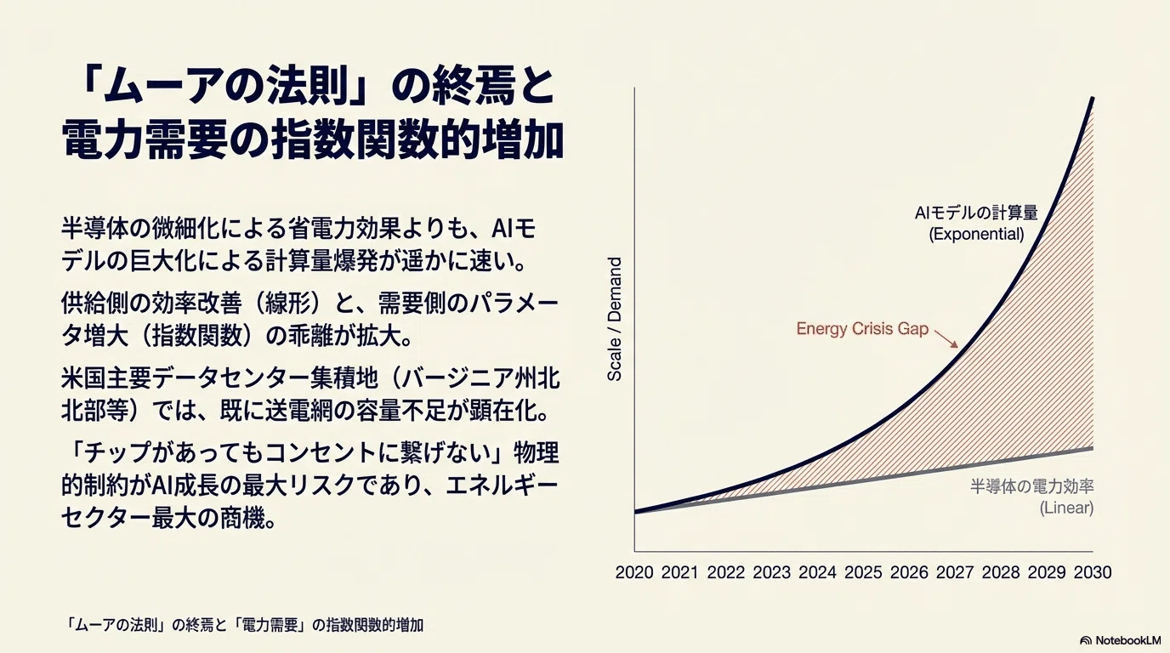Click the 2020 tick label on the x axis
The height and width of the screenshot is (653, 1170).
(x=634, y=572)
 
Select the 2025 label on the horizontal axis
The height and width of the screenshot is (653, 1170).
(x=863, y=572)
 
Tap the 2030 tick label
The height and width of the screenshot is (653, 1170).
(x=1093, y=572)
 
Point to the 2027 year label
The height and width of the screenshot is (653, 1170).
(x=955, y=572)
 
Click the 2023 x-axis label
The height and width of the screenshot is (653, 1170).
(x=771, y=572)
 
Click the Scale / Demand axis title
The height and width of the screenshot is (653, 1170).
(x=615, y=319)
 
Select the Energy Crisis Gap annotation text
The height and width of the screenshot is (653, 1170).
(x=862, y=329)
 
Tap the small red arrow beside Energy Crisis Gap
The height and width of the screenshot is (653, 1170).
(x=946, y=338)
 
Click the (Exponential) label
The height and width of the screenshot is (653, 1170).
(x=976, y=234)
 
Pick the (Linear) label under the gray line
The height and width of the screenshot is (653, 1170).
(x=1066, y=508)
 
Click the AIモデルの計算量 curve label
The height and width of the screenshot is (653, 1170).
(x=976, y=213)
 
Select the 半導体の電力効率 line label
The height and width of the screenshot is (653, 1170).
(x=1032, y=486)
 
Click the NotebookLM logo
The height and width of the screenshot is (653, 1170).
(x=1121, y=640)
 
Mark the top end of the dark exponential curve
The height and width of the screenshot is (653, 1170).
(x=1093, y=99)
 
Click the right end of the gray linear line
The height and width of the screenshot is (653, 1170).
(x=1093, y=448)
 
